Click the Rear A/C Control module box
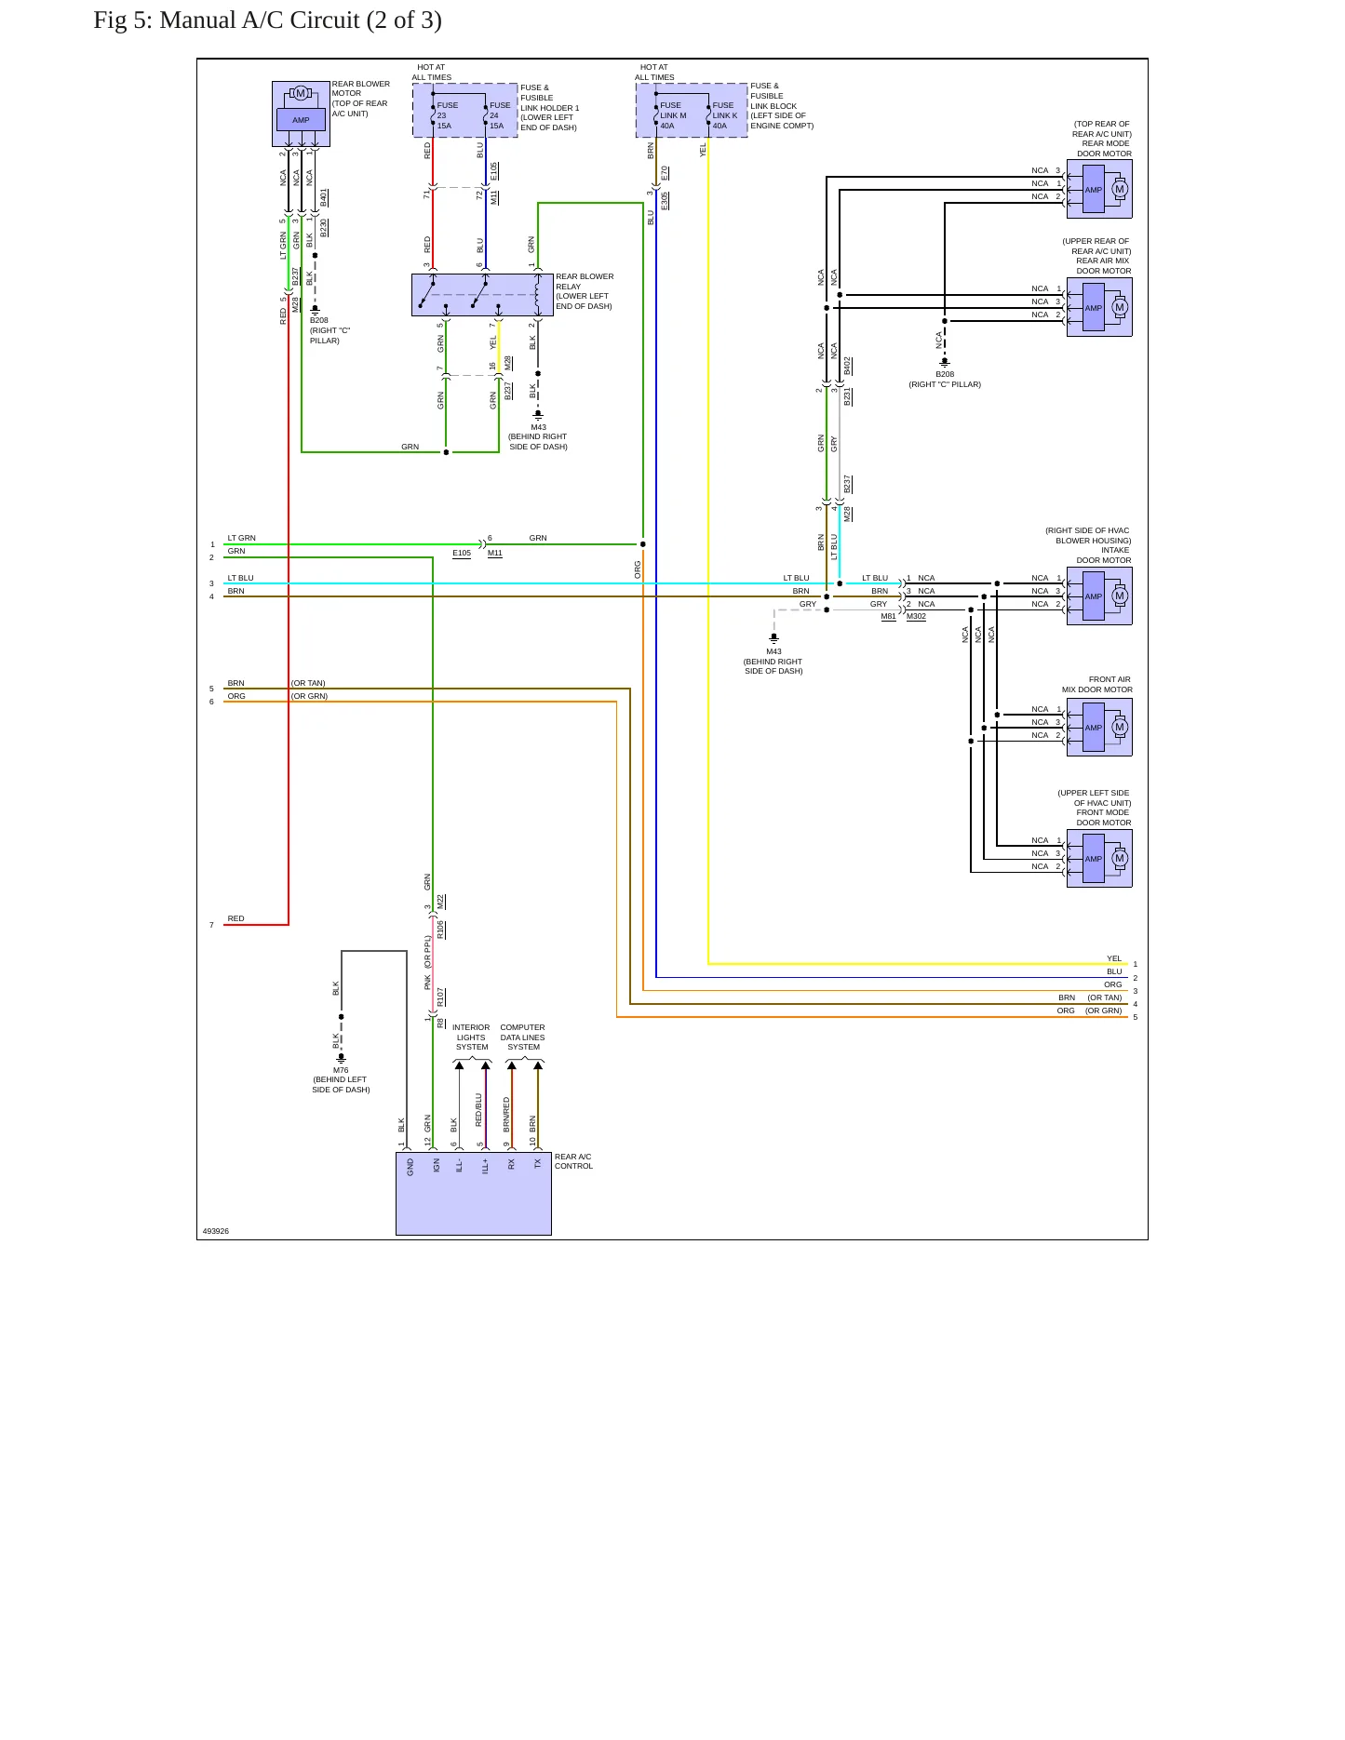[x=474, y=1194]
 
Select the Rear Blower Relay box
[x=482, y=295]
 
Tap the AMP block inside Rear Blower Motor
[x=301, y=120]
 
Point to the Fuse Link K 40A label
[x=724, y=115]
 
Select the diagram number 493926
[x=216, y=1231]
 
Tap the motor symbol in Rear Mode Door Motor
[x=1120, y=189]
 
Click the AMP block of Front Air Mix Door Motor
[x=1094, y=728]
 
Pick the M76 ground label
[x=341, y=1070]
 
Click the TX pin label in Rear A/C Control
[x=538, y=1163]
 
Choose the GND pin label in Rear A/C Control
[x=410, y=1167]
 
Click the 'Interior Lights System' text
[x=471, y=1037]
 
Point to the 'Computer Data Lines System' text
[x=522, y=1037]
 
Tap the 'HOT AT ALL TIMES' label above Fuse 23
[x=431, y=73]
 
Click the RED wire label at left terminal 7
[x=236, y=918]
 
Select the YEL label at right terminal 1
[x=1114, y=958]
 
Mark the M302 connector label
[x=916, y=616]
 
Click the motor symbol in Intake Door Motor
[x=1120, y=596]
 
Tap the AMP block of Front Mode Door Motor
[x=1094, y=859]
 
